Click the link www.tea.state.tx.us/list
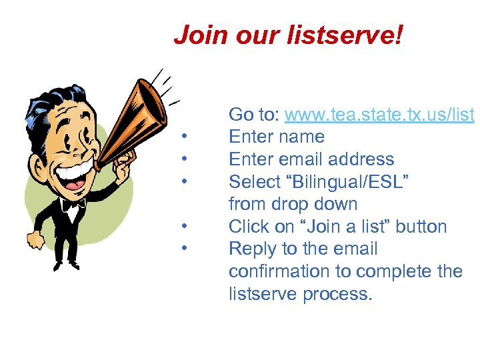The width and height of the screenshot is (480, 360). [379, 115]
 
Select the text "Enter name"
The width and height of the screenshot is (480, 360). [276, 137]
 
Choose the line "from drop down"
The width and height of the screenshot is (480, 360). [293, 204]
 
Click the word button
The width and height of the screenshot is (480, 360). [421, 227]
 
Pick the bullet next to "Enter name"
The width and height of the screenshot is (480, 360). [183, 138]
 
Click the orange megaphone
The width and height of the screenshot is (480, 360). [133, 120]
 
